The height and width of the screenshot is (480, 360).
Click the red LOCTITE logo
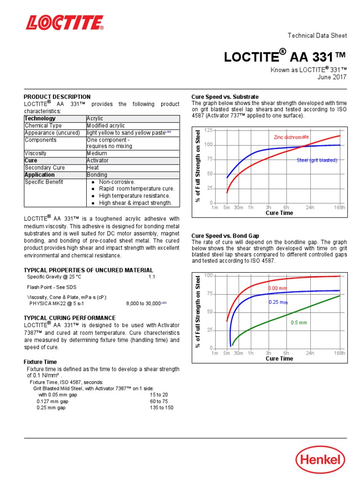[x=65, y=22]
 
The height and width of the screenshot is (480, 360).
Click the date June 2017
[x=333, y=77]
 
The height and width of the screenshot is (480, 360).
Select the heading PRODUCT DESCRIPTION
[x=57, y=97]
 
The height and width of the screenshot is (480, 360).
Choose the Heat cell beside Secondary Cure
[x=93, y=167]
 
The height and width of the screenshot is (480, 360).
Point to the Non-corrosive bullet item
[x=117, y=182]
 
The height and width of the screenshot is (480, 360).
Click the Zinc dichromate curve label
[x=291, y=137]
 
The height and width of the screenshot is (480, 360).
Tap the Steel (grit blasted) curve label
[x=317, y=160]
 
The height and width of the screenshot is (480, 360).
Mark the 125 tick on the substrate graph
[x=209, y=130]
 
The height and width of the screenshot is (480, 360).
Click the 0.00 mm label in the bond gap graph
[x=277, y=288]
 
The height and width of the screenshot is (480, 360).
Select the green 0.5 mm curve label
[x=299, y=322]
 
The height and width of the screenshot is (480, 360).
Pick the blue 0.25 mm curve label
[x=277, y=302]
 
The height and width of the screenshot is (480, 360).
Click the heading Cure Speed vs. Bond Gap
[x=225, y=236]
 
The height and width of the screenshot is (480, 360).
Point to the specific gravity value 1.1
[x=151, y=277]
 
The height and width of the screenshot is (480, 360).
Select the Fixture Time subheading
[x=40, y=362]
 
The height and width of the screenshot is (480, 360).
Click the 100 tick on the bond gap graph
[x=209, y=276]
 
